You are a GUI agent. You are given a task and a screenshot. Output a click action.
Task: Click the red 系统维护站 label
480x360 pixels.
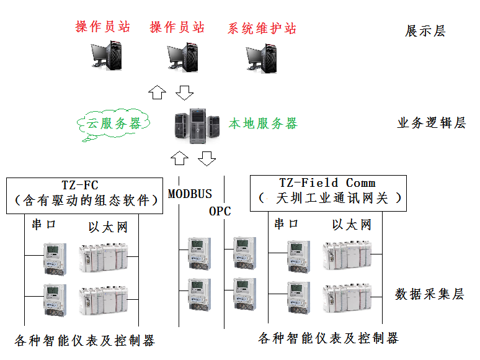tap(262, 28)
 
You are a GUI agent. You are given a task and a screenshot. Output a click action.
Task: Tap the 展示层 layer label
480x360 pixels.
tap(425, 31)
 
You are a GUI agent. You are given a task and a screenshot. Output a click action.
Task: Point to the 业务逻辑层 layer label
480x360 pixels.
tap(431, 123)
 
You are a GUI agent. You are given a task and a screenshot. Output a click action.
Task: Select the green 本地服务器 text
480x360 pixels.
tap(263, 124)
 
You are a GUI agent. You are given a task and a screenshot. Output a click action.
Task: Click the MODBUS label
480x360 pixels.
tap(190, 194)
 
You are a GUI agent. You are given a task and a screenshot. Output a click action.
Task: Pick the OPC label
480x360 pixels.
tap(220, 211)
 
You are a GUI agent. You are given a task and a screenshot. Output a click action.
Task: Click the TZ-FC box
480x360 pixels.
tap(80, 192)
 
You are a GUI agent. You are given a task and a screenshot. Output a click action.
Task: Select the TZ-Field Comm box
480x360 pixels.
tap(327, 191)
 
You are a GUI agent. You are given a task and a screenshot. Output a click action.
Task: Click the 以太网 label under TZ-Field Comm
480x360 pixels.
tap(352, 225)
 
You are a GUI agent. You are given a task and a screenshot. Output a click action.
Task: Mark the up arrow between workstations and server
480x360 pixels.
tap(158, 93)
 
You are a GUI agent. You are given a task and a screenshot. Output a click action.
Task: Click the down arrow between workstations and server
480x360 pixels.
tap(184, 93)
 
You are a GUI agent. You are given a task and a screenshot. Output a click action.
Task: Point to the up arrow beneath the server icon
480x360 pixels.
tap(179, 158)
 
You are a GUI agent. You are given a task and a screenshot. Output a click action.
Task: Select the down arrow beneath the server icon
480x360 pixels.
tap(207, 158)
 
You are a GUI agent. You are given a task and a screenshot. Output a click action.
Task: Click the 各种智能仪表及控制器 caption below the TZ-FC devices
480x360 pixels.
tap(84, 340)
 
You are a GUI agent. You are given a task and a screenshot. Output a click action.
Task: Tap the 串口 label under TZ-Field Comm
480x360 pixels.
tap(287, 224)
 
